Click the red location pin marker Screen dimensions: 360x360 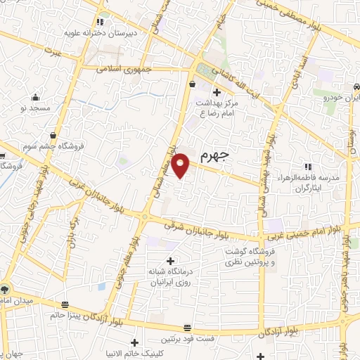pos(181,165)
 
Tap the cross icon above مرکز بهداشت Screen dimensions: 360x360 pos(217,92)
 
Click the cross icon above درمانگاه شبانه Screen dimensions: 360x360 pos(170,261)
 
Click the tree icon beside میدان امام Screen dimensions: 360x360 pos(6,289)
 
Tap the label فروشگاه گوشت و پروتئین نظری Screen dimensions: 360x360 pos(252,257)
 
